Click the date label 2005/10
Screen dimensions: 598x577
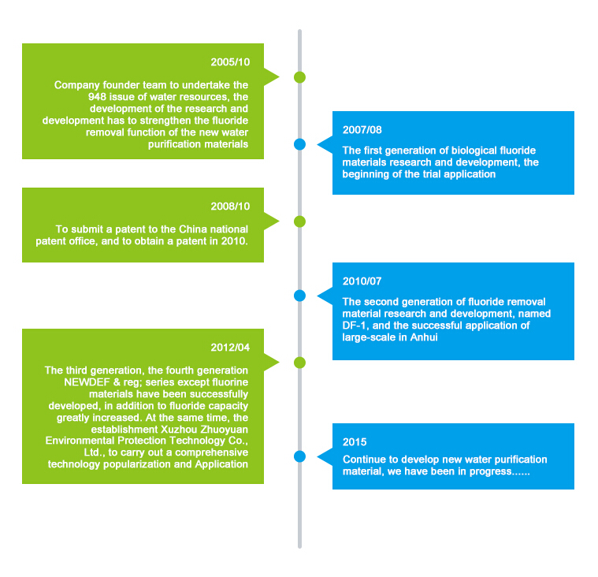click(230, 62)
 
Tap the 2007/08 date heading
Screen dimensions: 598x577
click(362, 130)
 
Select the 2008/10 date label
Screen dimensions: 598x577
click(230, 207)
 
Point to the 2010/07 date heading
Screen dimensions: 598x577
click(362, 281)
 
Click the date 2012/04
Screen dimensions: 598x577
click(230, 348)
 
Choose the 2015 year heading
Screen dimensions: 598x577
click(355, 442)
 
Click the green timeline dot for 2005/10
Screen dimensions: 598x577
click(299, 77)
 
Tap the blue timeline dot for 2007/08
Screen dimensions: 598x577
click(299, 144)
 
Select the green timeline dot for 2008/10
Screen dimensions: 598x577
click(299, 221)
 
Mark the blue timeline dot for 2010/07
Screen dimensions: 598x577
click(299, 296)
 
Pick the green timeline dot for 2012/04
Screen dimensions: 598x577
click(299, 363)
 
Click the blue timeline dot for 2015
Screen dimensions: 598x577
click(299, 456)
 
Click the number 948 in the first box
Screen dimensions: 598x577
click(97, 97)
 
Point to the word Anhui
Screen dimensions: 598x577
click(424, 337)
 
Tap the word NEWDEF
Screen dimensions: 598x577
click(87, 382)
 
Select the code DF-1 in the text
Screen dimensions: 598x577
click(355, 326)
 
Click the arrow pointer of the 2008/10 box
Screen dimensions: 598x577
click(272, 221)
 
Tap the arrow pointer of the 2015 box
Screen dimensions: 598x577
click(325, 456)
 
